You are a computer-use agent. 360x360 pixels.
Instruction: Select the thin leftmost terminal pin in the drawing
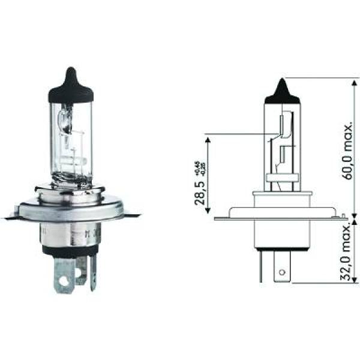261,270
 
